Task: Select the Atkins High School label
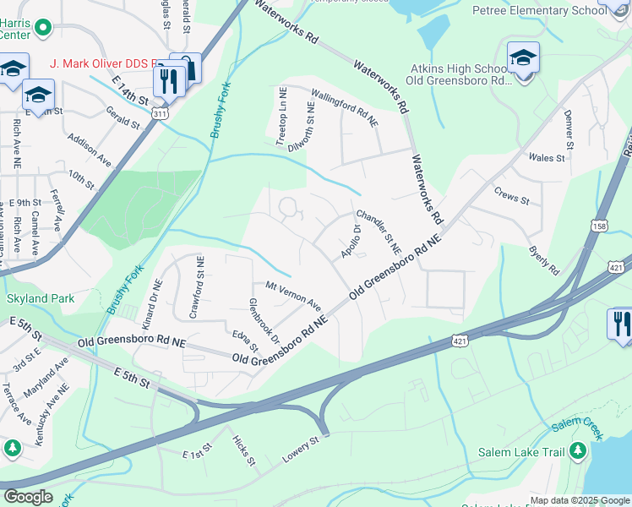pyautogui.click(x=460, y=68)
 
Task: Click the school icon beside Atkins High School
pyautogui.click(x=523, y=58)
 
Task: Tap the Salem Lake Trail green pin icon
pyautogui.click(x=578, y=451)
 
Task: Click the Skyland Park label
pyautogui.click(x=40, y=298)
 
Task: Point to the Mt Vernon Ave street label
pyautogui.click(x=293, y=296)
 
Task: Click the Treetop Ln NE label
pyautogui.click(x=283, y=117)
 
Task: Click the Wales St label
pyautogui.click(x=546, y=157)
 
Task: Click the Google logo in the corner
pyautogui.click(x=27, y=497)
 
